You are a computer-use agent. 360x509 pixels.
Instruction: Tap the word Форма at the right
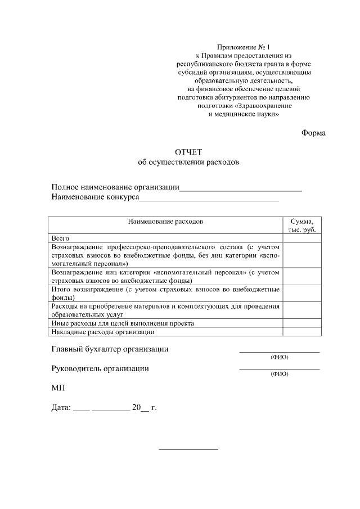pyautogui.click(x=313, y=133)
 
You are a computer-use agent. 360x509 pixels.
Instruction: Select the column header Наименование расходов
pyautogui.click(x=165, y=222)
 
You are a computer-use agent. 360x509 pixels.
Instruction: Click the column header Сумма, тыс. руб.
pyautogui.click(x=302, y=226)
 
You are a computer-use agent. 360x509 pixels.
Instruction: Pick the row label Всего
pyautogui.click(x=60, y=238)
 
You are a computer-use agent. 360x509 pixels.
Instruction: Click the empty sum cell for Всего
pyautogui.click(x=302, y=238)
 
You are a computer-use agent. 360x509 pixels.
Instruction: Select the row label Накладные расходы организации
pyautogui.click(x=102, y=332)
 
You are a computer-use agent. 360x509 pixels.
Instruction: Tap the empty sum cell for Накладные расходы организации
pyautogui.click(x=302, y=332)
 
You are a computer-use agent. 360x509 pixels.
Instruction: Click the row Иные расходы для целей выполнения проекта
pyautogui.click(x=123, y=323)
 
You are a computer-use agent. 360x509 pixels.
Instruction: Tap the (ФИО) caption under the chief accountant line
pyautogui.click(x=280, y=357)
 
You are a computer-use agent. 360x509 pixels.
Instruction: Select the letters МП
pyautogui.click(x=58, y=388)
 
